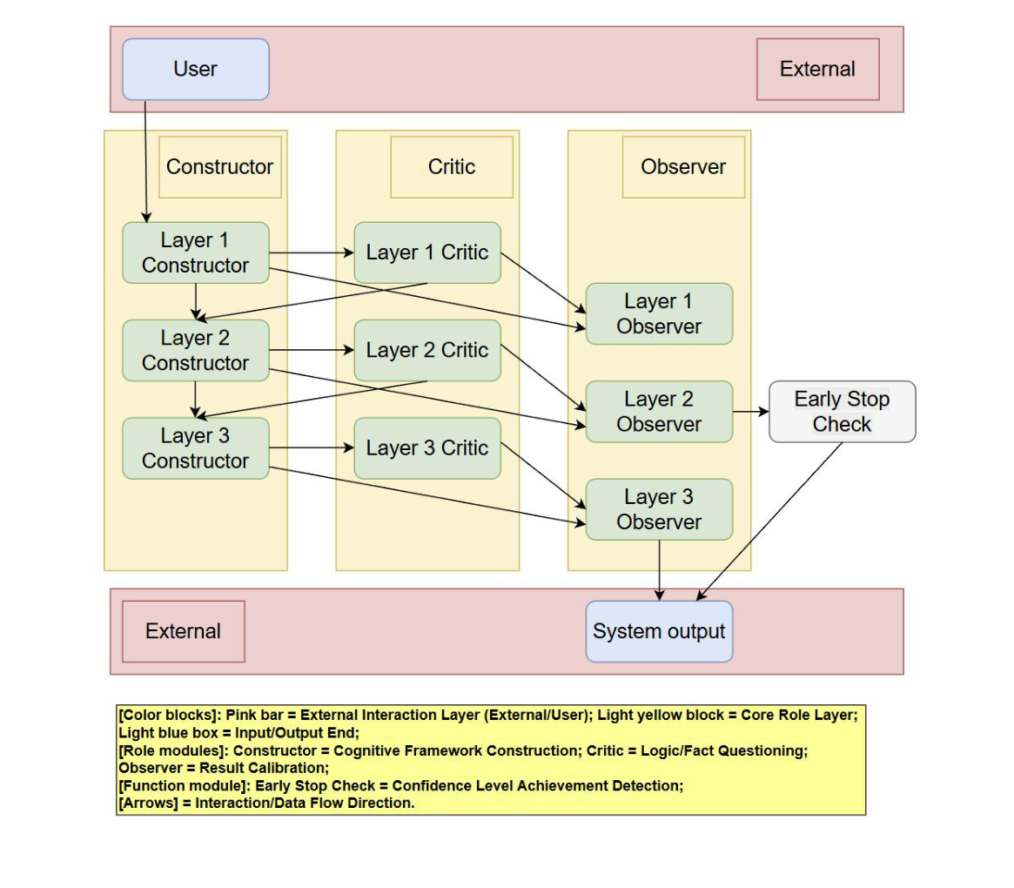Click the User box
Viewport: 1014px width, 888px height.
coord(195,70)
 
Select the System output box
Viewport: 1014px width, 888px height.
coord(659,631)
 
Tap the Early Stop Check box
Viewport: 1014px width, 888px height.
coord(842,412)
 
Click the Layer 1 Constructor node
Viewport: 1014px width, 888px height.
coord(195,252)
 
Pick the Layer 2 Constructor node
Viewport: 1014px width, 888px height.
coord(195,350)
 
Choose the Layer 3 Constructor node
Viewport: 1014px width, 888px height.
coord(195,448)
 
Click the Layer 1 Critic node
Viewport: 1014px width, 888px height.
coord(427,252)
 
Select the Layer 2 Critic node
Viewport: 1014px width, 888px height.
coord(427,350)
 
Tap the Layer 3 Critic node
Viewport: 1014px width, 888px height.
coord(427,448)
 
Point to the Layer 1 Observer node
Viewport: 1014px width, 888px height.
coord(659,313)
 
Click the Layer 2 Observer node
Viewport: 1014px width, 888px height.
coord(659,412)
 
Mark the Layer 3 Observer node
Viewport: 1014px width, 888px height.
coord(659,509)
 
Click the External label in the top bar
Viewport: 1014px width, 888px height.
coord(817,70)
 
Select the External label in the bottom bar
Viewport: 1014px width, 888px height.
coord(183,631)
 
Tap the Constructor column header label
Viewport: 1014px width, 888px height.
coord(219,167)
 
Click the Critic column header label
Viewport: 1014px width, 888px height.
coord(452,167)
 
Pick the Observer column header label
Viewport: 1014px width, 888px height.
coord(683,167)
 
